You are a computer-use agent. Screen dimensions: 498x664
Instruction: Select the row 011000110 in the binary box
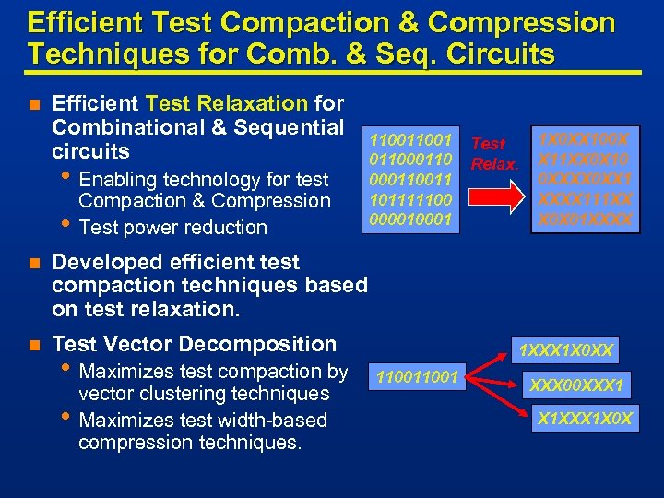[410, 160]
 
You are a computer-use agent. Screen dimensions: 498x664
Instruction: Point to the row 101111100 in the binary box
[410, 199]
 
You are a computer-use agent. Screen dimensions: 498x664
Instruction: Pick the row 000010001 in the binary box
[410, 219]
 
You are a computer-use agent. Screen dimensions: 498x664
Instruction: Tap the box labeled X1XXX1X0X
[587, 418]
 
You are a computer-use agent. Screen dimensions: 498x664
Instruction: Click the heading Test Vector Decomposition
[195, 344]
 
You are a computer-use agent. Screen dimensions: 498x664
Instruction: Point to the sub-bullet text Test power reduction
[173, 227]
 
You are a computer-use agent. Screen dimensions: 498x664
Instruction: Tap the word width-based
[275, 421]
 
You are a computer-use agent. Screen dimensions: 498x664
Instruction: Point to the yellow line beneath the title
[332, 72]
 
